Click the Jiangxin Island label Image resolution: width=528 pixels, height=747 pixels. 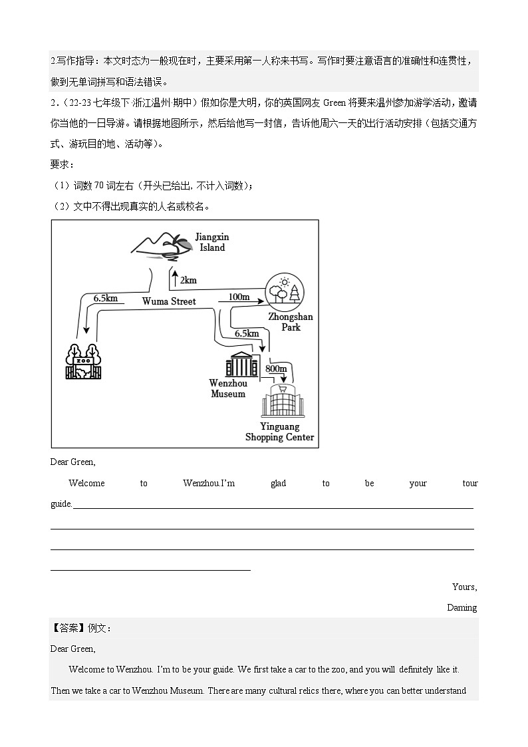point(211,242)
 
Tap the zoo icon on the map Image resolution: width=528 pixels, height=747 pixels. point(82,362)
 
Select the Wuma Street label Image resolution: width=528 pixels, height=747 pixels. point(169,301)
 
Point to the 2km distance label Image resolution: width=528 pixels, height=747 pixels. point(188,280)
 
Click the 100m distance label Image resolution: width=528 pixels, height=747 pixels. point(239,296)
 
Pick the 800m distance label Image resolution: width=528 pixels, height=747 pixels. point(276,368)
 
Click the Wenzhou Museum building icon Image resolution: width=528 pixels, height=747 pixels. point(241,364)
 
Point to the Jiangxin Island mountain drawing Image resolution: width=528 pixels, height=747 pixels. point(158,245)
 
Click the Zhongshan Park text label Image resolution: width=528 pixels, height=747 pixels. point(290,322)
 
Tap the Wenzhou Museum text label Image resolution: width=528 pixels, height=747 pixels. point(228,388)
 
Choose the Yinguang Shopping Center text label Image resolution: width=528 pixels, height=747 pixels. point(279,432)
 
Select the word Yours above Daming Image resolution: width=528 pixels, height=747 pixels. point(464,587)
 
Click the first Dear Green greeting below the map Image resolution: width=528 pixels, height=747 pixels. point(73,462)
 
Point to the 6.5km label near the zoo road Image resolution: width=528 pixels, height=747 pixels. point(106,298)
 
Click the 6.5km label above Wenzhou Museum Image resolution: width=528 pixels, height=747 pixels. point(247,333)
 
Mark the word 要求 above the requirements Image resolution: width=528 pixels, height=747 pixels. point(63,164)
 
